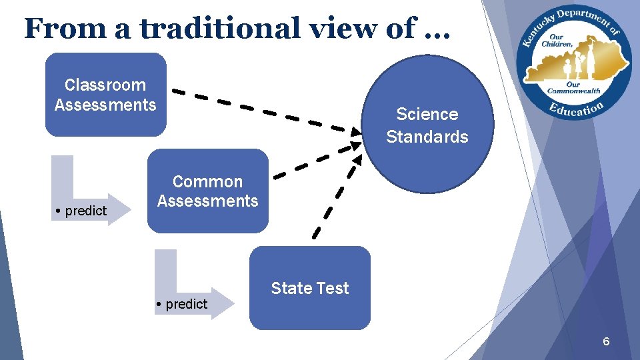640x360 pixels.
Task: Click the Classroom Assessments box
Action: [105, 95]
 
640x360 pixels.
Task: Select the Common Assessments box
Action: [207, 191]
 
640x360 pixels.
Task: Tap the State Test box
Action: [309, 288]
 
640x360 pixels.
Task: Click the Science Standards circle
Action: [427, 125]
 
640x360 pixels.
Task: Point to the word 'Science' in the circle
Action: [427, 114]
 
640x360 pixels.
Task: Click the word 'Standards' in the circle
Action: [427, 137]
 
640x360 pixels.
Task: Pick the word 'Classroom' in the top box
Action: [105, 85]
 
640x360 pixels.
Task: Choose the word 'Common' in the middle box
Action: [207, 181]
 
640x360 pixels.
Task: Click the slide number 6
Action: [606, 342]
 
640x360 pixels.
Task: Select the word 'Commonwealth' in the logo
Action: [574, 91]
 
